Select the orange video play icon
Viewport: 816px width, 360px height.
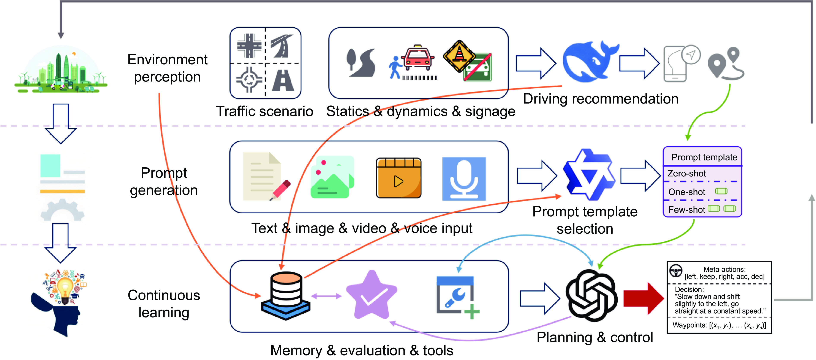pos(399,178)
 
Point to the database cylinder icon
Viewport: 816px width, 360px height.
pos(286,296)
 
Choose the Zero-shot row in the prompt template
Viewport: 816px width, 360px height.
pos(687,173)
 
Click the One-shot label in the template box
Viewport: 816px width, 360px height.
pos(687,192)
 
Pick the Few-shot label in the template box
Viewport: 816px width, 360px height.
pos(687,210)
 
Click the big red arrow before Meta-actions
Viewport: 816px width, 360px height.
pos(643,298)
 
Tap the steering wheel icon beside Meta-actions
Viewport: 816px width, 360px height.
pos(676,271)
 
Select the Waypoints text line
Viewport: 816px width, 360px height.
pos(719,325)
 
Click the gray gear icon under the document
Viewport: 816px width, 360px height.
pos(62,210)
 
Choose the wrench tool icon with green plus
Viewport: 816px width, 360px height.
pos(457,297)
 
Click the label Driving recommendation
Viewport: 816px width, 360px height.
pos(601,99)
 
